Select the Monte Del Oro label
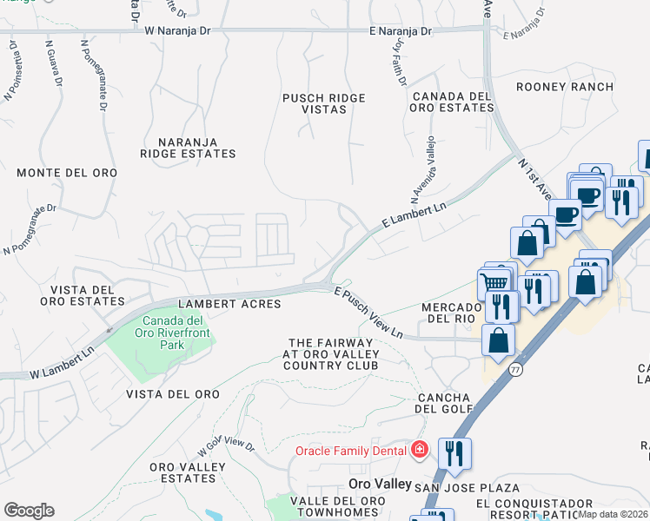click(x=67, y=173)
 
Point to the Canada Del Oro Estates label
click(x=453, y=102)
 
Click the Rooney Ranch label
click(x=564, y=87)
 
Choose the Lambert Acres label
click(x=229, y=304)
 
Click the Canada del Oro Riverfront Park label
click(x=159, y=333)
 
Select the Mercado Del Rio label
click(x=451, y=313)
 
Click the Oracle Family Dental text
click(x=351, y=450)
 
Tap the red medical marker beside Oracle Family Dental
click(x=420, y=450)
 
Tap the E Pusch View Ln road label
click(x=369, y=313)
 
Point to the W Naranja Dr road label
click(x=178, y=30)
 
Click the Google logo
click(x=29, y=511)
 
